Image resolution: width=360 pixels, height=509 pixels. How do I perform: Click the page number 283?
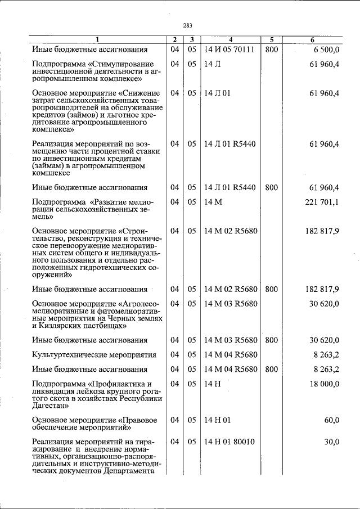(x=187, y=25)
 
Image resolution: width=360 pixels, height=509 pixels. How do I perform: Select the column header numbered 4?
(x=230, y=40)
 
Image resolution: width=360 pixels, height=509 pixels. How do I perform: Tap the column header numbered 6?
(x=312, y=40)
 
